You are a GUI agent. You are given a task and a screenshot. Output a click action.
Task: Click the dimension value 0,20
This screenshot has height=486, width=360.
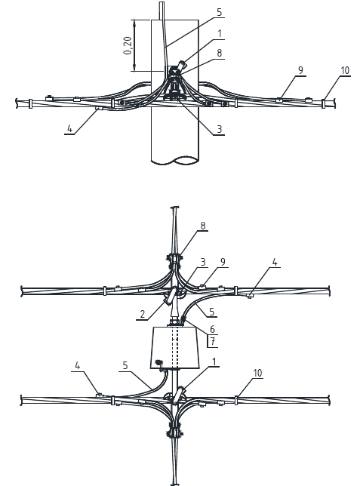click(x=128, y=45)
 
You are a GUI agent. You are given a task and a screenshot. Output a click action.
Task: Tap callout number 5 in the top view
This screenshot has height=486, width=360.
click(x=219, y=12)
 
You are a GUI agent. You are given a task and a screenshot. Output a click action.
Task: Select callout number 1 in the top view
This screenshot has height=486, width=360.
click(x=220, y=33)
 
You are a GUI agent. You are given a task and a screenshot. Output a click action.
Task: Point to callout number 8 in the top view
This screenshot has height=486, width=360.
click(x=219, y=53)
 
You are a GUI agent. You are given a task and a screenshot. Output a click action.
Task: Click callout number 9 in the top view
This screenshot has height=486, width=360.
click(x=300, y=70)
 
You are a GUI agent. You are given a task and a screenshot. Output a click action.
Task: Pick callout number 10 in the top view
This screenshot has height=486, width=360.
click(x=345, y=71)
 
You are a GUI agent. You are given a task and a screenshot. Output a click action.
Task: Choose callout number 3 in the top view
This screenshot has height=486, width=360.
click(x=219, y=129)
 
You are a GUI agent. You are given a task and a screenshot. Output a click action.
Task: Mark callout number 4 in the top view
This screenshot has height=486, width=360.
click(x=69, y=128)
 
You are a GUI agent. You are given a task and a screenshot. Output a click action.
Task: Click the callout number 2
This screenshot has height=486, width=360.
click(x=143, y=314)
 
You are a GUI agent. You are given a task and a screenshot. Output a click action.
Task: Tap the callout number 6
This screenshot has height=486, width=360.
click(x=212, y=329)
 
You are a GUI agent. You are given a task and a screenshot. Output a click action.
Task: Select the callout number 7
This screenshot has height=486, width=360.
click(x=213, y=341)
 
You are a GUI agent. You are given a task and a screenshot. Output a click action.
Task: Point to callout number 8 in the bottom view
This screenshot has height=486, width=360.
click(x=203, y=226)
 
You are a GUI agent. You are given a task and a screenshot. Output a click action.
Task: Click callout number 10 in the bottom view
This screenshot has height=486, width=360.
click(x=257, y=373)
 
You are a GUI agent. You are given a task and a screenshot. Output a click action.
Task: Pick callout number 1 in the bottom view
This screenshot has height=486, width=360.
click(x=214, y=361)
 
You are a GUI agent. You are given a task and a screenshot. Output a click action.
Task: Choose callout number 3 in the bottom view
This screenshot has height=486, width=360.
click(x=203, y=262)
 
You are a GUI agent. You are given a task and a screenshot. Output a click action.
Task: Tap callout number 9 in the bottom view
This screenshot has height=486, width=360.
click(x=223, y=262)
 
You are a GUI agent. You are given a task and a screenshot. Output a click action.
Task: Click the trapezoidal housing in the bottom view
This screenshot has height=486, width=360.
click(x=174, y=347)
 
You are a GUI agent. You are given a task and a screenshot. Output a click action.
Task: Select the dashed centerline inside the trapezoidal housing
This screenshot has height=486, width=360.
click(x=175, y=347)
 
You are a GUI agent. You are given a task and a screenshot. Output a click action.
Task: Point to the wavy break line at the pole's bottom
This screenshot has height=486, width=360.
click(x=175, y=161)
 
